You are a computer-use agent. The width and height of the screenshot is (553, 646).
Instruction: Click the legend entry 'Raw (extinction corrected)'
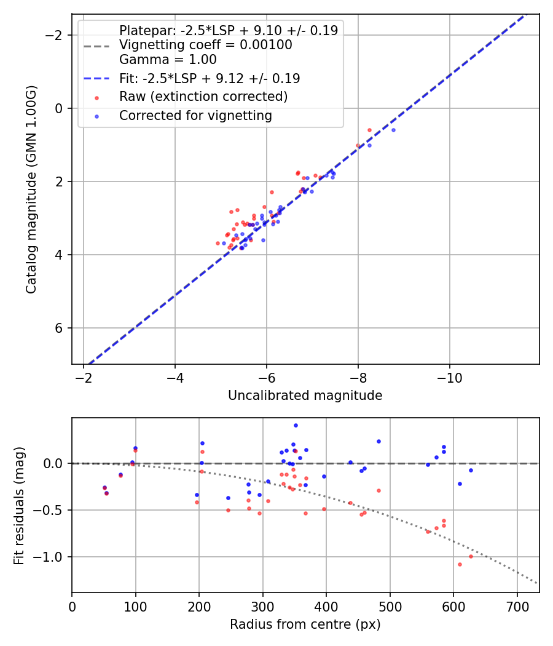tap(203, 97)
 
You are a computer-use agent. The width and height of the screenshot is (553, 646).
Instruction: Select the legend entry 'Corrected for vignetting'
tap(195, 115)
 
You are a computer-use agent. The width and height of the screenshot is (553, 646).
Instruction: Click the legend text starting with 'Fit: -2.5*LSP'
tap(209, 78)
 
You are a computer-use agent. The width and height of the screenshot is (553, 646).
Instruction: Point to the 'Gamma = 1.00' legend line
tap(168, 60)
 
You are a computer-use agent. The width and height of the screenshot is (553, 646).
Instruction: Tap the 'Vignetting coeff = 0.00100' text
tap(205, 45)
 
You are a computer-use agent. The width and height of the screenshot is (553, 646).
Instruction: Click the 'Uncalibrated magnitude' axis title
tap(305, 396)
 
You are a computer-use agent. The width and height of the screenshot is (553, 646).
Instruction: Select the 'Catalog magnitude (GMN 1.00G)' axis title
tap(31, 189)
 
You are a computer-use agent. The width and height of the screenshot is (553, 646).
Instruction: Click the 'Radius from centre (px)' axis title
tap(305, 624)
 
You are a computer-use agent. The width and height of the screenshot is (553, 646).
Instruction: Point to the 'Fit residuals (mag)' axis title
tap(19, 504)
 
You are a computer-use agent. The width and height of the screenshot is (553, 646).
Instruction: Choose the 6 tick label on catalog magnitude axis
tap(59, 328)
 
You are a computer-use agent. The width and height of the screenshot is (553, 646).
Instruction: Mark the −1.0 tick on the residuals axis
tap(51, 557)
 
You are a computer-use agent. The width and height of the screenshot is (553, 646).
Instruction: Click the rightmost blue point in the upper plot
tap(393, 130)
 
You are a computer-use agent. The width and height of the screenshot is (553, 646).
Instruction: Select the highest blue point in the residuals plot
tap(296, 425)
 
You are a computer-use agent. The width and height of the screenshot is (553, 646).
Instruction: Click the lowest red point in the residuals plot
tap(459, 564)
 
